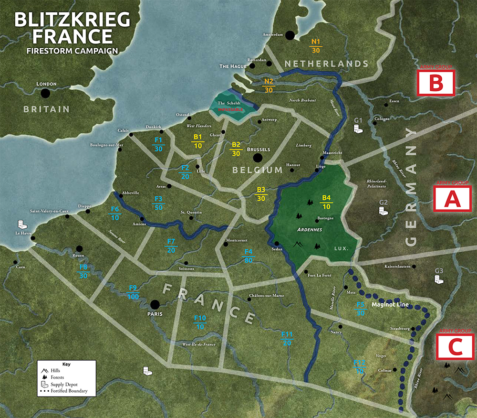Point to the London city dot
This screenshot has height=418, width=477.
pyautogui.click(x=45, y=93)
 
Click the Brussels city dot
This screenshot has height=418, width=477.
pyautogui.click(x=258, y=158)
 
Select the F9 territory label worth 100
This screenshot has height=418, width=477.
pyautogui.click(x=134, y=292)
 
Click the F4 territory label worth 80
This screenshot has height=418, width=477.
pyautogui.click(x=248, y=256)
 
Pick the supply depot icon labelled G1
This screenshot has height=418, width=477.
pyautogui.click(x=358, y=128)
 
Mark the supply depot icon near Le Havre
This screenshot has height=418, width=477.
pyautogui.click(x=21, y=224)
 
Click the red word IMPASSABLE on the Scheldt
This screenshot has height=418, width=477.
pyautogui.click(x=230, y=109)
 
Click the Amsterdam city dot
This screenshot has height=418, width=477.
pyautogui.click(x=289, y=35)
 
